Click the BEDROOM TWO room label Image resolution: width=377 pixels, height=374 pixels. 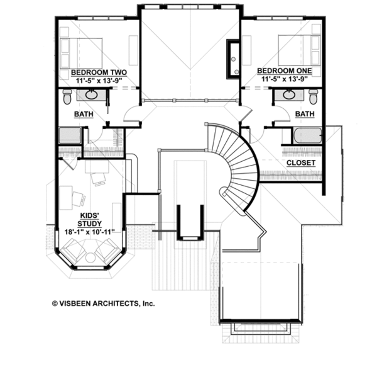click(x=99, y=72)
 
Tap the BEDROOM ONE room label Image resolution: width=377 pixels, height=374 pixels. click(x=285, y=71)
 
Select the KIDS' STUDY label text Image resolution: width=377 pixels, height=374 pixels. click(x=90, y=219)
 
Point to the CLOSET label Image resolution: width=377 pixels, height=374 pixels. click(x=301, y=162)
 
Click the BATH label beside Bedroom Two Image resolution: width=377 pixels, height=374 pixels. click(x=84, y=114)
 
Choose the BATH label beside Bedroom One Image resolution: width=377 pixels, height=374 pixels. click(x=305, y=113)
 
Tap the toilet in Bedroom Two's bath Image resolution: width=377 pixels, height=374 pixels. click(x=67, y=96)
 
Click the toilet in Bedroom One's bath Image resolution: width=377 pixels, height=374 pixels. click(x=314, y=96)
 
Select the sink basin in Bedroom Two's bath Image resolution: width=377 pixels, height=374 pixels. click(x=91, y=94)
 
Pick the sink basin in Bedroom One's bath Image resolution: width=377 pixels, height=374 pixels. click(x=289, y=94)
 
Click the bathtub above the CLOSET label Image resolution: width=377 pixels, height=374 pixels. click(x=307, y=135)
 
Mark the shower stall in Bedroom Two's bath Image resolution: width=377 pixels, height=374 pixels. click(x=70, y=135)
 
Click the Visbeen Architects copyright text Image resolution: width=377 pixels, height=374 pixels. click(x=104, y=303)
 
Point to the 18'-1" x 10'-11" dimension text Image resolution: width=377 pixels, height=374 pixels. click(x=89, y=232)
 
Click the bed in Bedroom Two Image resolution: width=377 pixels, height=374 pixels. click(x=81, y=53)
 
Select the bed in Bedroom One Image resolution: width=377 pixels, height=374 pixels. click(x=299, y=50)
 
